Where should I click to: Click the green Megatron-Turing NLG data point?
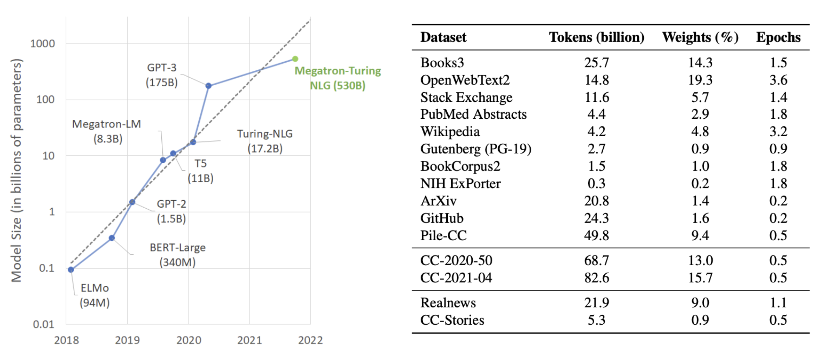tap(295, 59)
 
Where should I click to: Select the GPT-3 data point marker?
tap(209, 86)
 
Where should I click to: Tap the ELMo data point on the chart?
tap(71, 270)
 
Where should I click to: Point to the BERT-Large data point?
tap(112, 238)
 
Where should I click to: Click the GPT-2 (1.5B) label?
tap(171, 211)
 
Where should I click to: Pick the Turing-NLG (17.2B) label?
tap(265, 141)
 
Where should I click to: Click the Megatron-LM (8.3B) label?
tap(107, 131)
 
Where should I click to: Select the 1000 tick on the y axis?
tap(42, 44)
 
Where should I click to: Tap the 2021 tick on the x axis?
tap(249, 340)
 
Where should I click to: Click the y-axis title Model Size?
tap(16, 170)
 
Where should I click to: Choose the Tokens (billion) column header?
tap(597, 37)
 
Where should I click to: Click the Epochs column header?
tap(778, 37)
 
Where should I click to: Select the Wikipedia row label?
tap(450, 131)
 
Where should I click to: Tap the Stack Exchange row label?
tap(466, 97)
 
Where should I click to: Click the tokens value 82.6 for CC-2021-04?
tap(597, 278)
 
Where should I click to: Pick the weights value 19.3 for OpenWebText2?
tap(700, 80)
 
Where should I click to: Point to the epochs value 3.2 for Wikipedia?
tap(778, 131)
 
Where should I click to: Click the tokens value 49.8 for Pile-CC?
tap(597, 235)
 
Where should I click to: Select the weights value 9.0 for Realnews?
tap(700, 303)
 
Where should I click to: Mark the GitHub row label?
tap(442, 218)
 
